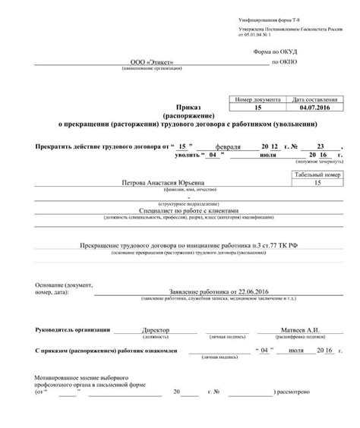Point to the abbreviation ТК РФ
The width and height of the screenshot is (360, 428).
[283, 247]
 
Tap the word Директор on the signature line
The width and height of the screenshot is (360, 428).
[156, 330]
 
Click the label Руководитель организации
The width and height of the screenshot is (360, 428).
[73, 330]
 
